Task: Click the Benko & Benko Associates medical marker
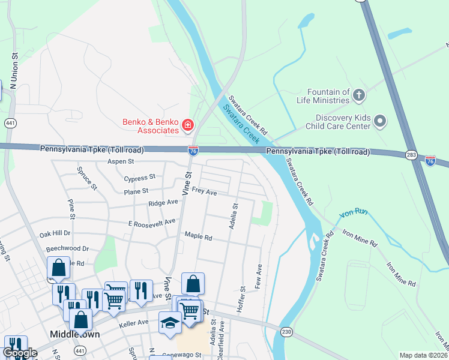tap(188, 125)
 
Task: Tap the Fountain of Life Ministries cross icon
tap(358, 95)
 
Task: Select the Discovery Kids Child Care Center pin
tap(379, 122)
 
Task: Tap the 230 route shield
tap(286, 332)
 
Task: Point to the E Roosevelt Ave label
tap(152, 222)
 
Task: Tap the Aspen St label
tap(120, 162)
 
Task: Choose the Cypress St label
tap(139, 178)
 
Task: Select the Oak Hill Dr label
tap(55, 233)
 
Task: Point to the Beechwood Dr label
tap(67, 248)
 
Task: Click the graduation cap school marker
tap(170, 323)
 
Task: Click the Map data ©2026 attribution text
tap(423, 355)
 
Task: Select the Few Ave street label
tap(259, 274)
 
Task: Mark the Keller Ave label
tap(133, 323)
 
